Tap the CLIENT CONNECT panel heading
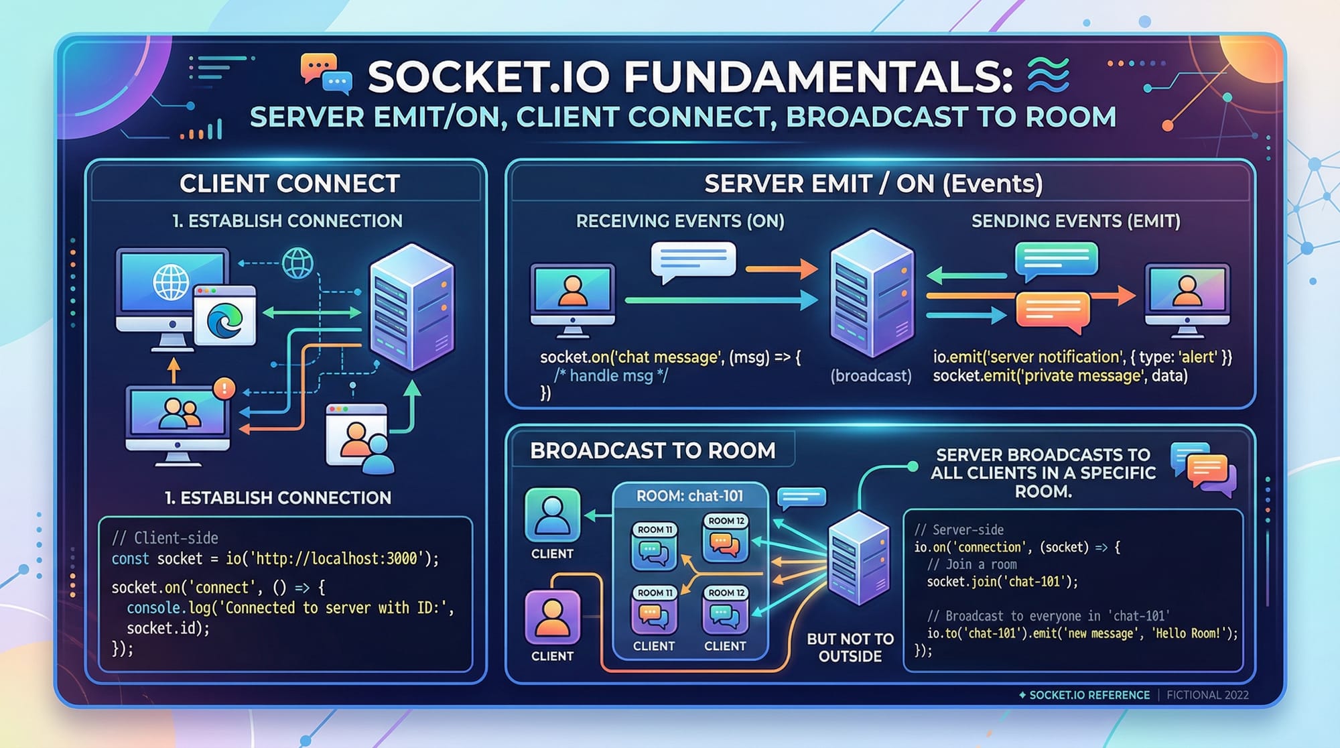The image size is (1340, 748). coord(289,184)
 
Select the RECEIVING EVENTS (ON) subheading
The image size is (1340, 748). coord(680,221)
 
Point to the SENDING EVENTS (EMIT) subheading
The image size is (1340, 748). coord(1075,221)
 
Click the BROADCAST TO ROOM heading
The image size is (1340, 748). coord(653,450)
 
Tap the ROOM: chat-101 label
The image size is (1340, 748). coord(689,496)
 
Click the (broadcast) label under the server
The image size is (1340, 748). coord(870,376)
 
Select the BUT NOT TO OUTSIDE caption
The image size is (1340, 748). coord(850,647)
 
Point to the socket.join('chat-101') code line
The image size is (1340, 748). coord(1002,582)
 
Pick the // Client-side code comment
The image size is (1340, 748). coord(165,538)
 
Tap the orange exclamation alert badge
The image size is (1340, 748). coord(224,388)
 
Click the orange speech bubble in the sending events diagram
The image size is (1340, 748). coord(1052,310)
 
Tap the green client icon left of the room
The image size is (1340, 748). coord(552,515)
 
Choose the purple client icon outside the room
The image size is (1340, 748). coord(552,617)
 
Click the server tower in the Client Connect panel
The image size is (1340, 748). coord(411,307)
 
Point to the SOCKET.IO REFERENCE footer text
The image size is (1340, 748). coord(1089,695)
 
